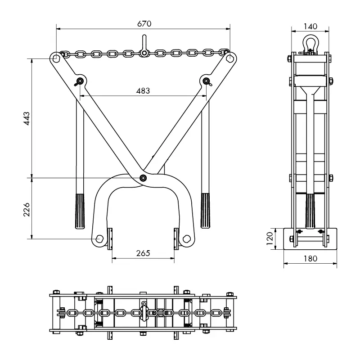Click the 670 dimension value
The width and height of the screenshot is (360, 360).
coord(143,23)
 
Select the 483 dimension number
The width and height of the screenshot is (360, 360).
coord(143,90)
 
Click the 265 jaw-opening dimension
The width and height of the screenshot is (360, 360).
coord(143,253)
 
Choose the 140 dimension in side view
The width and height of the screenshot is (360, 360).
coord(310,26)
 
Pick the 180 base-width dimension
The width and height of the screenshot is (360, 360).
coord(310,258)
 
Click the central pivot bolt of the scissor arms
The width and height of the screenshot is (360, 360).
coord(143,177)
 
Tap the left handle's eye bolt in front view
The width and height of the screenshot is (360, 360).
coord(80,81)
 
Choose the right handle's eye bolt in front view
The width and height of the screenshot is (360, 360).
coord(206,81)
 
